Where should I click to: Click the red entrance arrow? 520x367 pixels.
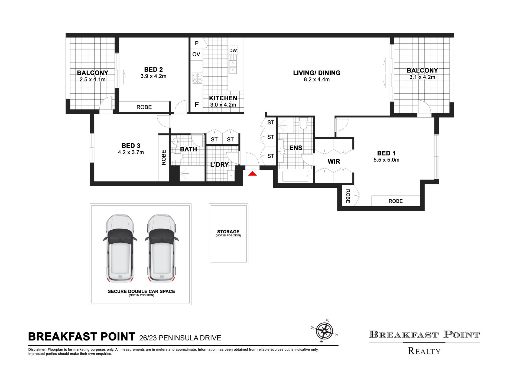click(x=252, y=174)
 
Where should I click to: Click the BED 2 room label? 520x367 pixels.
click(x=153, y=70)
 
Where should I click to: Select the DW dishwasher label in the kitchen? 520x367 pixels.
click(x=233, y=50)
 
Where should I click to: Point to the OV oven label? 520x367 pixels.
click(x=196, y=54)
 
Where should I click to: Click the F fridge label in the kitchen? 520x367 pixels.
click(x=197, y=104)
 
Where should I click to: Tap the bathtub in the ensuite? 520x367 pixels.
click(x=295, y=176)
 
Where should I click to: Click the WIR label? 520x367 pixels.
click(x=334, y=161)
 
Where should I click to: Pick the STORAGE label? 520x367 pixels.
click(x=228, y=232)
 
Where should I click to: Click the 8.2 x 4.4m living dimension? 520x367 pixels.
click(x=317, y=80)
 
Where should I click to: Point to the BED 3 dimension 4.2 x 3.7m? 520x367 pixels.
click(x=131, y=153)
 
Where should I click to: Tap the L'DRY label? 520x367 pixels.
click(x=219, y=164)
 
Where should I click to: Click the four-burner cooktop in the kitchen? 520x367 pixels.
click(x=197, y=78)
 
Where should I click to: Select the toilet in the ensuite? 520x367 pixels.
click(x=304, y=123)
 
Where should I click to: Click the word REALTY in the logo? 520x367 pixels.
click(x=424, y=351)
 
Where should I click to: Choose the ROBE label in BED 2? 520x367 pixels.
click(x=144, y=107)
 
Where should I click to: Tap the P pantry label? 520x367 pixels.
click(x=197, y=43)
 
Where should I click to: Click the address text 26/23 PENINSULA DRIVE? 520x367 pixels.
click(x=180, y=338)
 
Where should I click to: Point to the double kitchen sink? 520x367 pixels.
click(x=233, y=67)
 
